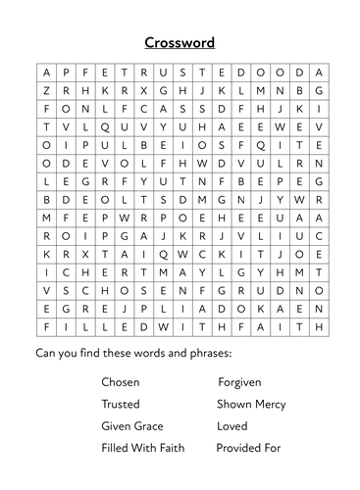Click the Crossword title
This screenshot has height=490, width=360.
tap(180, 42)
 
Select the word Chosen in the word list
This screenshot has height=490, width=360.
tap(121, 381)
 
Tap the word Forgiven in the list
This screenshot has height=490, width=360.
tap(241, 381)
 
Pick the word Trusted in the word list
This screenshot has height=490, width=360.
tap(121, 404)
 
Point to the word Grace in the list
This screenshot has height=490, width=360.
tap(147, 426)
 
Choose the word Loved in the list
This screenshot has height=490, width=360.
tap(232, 426)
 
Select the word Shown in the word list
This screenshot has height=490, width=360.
tap(233, 404)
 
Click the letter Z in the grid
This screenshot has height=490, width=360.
tap(45, 90)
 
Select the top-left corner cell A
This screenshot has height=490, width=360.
tap(45, 73)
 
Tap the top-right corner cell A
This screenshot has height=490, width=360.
tap(317, 73)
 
